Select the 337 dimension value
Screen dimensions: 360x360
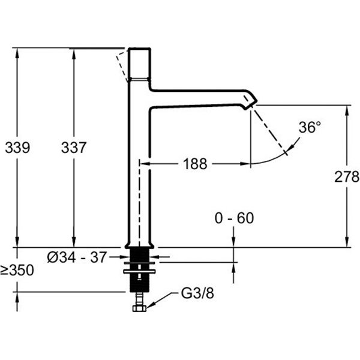pos(74,147)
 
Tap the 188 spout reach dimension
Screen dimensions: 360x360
pos(195,163)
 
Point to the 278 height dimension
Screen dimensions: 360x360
pos(347,176)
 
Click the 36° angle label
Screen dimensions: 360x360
pos(310,127)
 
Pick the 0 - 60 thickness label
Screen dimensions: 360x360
pos(234,218)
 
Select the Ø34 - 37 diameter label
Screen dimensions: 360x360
pos(77,257)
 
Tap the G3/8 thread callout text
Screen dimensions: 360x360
pos(196,294)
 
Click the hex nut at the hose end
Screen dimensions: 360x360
pos(139,308)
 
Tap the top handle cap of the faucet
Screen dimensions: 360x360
pos(139,62)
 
